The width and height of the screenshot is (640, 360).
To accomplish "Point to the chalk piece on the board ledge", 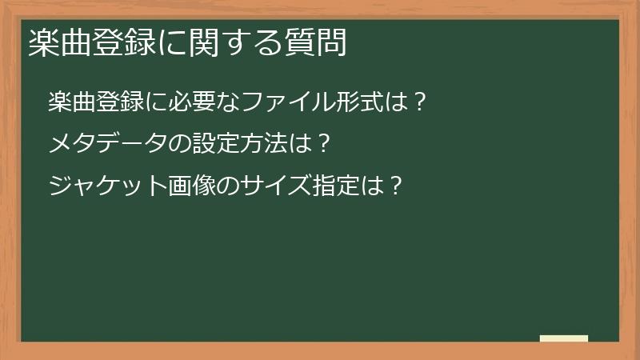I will [x=564, y=338].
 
